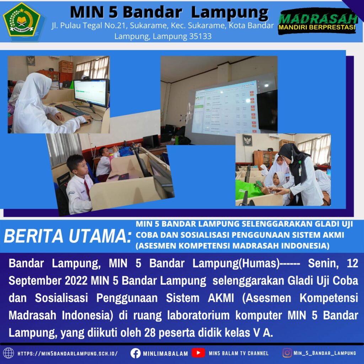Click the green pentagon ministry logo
(22, 20)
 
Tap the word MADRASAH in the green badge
(318, 18)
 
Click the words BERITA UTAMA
(68, 236)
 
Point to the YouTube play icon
(198, 353)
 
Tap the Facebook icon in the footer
(135, 353)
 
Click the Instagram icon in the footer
(287, 353)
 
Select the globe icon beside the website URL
(9, 353)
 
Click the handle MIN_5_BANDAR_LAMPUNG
(325, 353)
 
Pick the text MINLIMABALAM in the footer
(165, 354)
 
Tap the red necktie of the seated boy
(87, 190)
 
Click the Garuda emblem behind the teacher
(247, 140)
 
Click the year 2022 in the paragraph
(76, 281)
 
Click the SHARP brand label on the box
(64, 178)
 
